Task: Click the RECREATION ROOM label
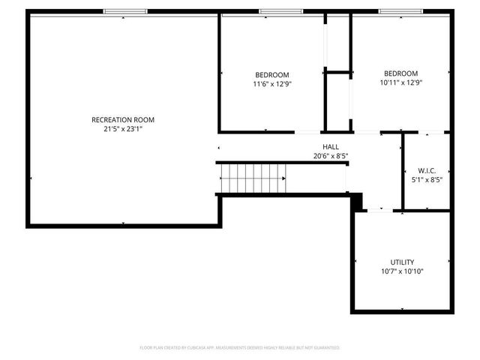[123, 120]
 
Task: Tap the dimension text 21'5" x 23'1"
[123, 129]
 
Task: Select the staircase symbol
[253, 179]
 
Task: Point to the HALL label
[331, 147]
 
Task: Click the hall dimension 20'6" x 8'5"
[331, 156]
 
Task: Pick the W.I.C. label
[427, 170]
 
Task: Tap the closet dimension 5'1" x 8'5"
[427, 179]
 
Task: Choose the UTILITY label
[402, 262]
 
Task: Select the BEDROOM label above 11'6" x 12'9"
[272, 74]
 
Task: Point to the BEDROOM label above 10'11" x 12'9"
[401, 73]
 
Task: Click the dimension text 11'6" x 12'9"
[272, 84]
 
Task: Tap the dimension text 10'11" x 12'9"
[401, 82]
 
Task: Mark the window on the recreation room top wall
[124, 11]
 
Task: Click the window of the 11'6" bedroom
[280, 11]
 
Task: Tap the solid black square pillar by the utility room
[357, 201]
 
